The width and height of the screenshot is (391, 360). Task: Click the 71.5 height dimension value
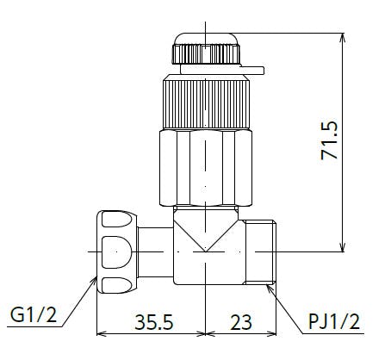coord(329,140)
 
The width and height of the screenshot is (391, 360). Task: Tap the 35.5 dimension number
coord(154,322)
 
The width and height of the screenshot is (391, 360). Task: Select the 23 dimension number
coord(241,322)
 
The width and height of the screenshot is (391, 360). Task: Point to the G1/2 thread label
coord(34,315)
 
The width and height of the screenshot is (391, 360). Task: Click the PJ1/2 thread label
coord(334,321)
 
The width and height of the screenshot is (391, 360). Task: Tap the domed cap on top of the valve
coord(206,39)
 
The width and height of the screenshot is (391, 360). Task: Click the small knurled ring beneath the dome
coord(206,54)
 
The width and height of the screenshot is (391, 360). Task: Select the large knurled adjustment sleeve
coord(206,104)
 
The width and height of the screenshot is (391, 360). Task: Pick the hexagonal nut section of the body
coord(206,168)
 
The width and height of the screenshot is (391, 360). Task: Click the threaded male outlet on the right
coord(261,252)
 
